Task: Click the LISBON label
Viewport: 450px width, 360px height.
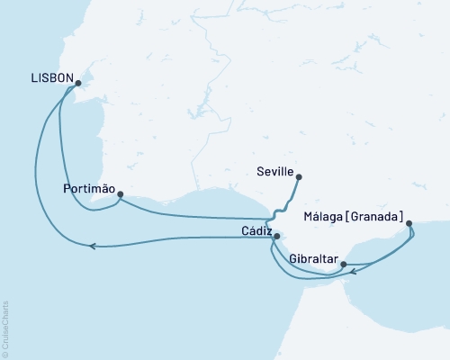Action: [x=51, y=78]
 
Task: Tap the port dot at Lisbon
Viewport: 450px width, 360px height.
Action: [x=78, y=84]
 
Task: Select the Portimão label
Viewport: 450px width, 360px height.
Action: [x=88, y=189]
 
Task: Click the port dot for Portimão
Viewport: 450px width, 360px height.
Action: [x=120, y=193]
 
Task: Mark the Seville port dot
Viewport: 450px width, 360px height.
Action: [x=298, y=177]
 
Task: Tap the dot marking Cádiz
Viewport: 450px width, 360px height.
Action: [x=276, y=237]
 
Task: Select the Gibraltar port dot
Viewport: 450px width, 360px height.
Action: [x=342, y=264]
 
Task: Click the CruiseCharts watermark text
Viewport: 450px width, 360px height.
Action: [x=6, y=328]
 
